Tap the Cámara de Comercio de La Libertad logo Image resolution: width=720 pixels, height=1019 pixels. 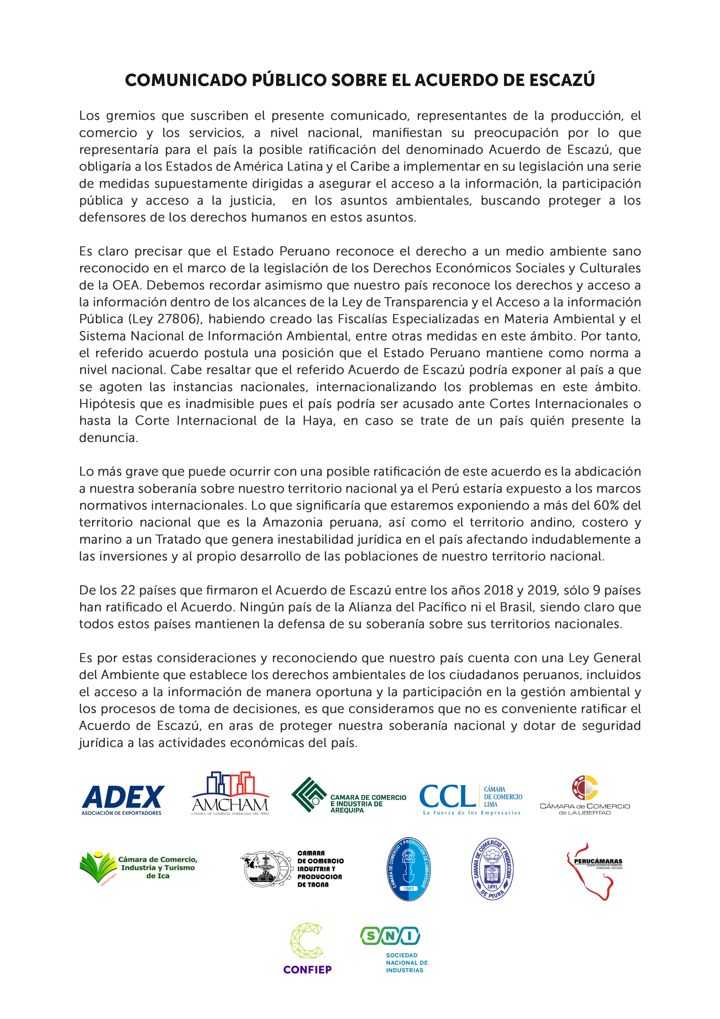(585, 796)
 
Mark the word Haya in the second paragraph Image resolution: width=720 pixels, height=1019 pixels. (318, 421)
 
